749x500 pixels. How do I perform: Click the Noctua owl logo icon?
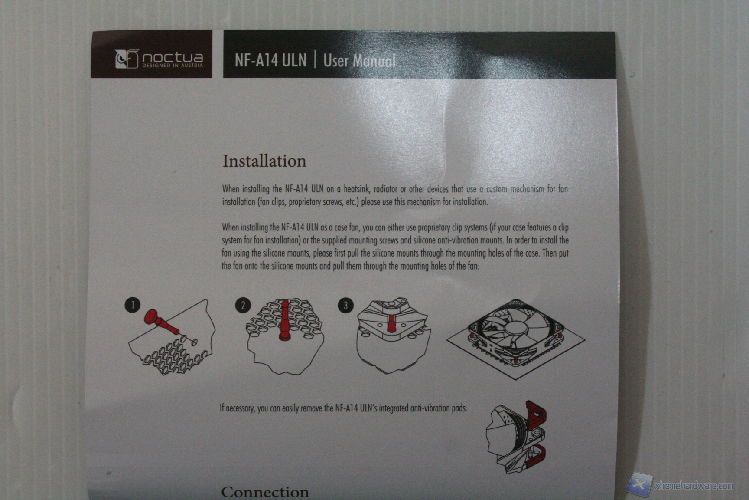[127, 59]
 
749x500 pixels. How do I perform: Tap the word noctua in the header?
[173, 57]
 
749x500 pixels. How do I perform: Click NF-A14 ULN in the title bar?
[270, 60]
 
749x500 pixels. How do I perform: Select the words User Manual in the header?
[359, 60]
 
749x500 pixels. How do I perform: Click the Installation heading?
[264, 161]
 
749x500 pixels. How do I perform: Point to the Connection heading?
[265, 492]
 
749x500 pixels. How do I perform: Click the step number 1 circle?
[133, 305]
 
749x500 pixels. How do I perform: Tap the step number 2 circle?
[243, 305]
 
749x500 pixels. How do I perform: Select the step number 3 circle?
[345, 305]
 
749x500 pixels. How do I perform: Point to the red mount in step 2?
[284, 321]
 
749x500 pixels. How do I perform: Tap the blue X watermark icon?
[640, 484]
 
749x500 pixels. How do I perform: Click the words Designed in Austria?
[173, 66]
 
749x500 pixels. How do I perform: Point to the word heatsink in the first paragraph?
[356, 189]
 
